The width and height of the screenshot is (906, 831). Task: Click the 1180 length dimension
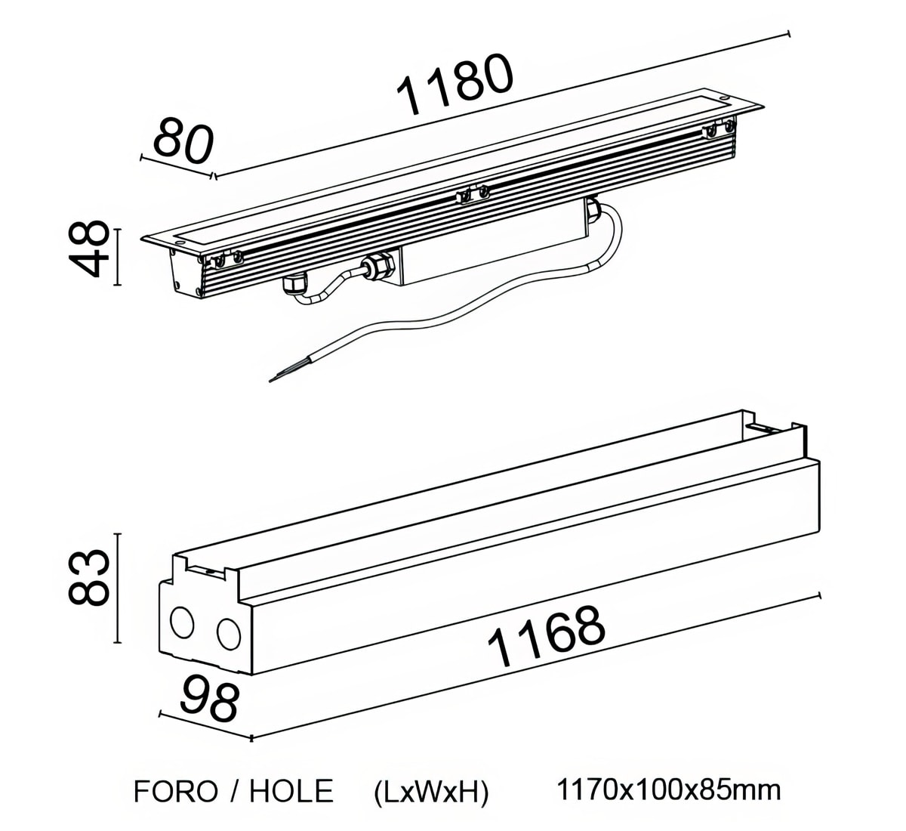(455, 85)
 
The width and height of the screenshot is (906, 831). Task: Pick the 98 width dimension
(209, 700)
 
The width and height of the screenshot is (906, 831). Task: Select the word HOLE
(291, 791)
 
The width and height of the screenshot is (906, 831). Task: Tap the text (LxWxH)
(431, 791)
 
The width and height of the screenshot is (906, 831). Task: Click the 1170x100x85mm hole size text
(668, 790)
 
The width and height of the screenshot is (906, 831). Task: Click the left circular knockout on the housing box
(182, 622)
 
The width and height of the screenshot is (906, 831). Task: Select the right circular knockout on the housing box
(228, 632)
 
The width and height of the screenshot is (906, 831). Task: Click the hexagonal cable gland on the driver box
(376, 267)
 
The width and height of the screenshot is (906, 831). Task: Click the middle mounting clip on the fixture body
(472, 195)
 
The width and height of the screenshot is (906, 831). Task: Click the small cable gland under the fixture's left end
(292, 285)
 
